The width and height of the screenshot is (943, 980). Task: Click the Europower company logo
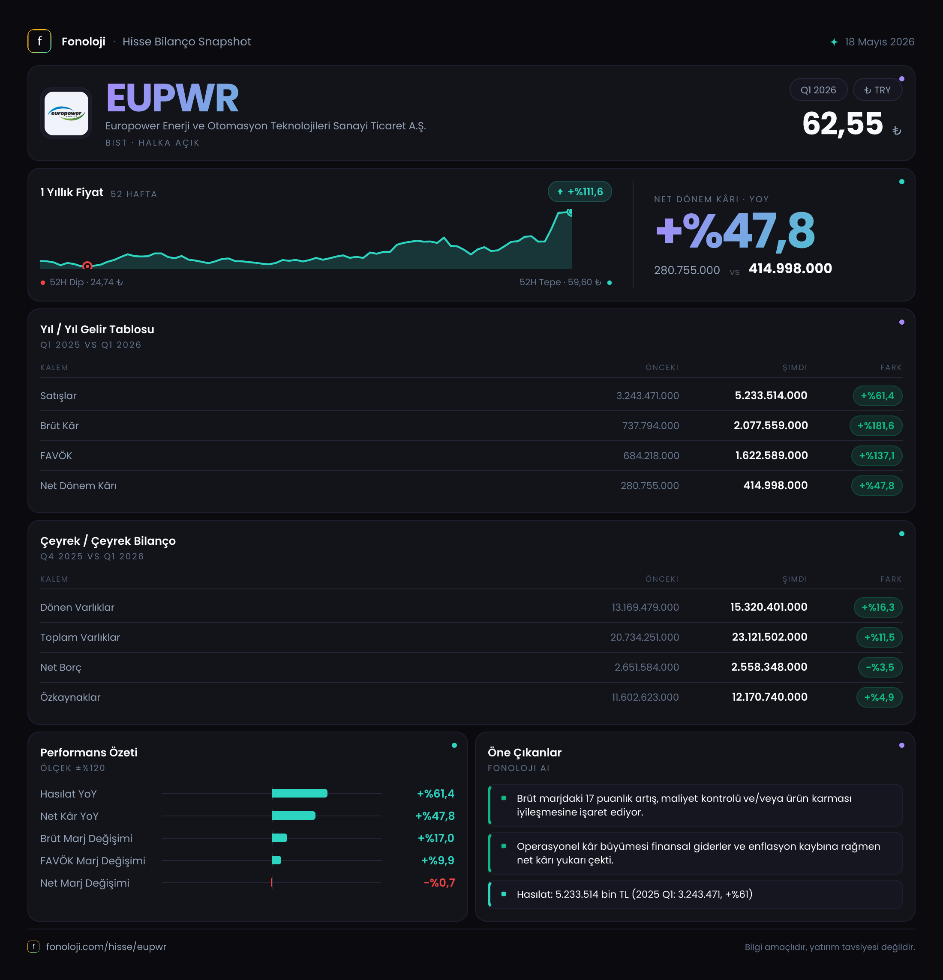(x=66, y=114)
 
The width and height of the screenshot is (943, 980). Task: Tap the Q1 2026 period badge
(x=818, y=90)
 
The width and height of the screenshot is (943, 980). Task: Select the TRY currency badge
(x=877, y=90)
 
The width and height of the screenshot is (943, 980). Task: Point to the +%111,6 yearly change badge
(x=580, y=191)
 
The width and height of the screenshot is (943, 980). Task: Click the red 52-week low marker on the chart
(x=87, y=266)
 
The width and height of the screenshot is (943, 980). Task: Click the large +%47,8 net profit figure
(x=736, y=230)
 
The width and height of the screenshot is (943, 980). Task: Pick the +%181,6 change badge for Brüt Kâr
(x=875, y=425)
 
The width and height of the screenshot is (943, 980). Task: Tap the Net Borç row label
(x=60, y=667)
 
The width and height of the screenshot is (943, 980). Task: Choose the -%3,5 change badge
(x=880, y=667)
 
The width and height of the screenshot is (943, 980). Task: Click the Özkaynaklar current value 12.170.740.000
(x=769, y=697)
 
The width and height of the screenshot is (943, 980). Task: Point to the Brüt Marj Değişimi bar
(x=279, y=838)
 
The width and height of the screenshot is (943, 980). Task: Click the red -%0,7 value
(x=439, y=882)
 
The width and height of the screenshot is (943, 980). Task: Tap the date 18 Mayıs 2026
(x=880, y=42)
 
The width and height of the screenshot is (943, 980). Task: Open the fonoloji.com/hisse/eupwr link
(x=106, y=947)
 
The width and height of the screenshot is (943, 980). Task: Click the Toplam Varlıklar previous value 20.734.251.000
(x=644, y=637)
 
